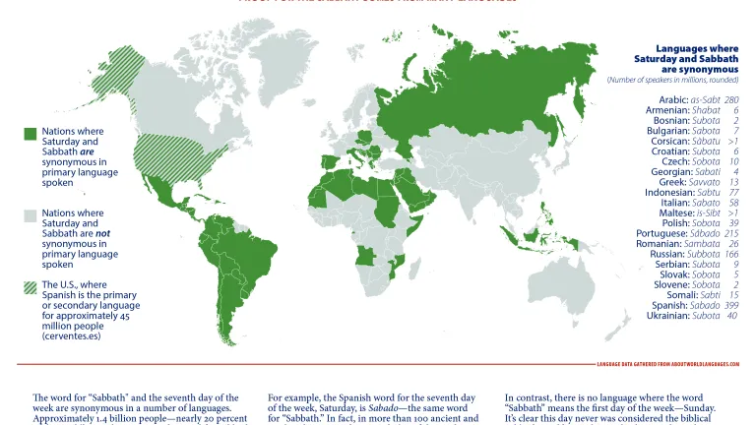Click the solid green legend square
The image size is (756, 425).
pyautogui.click(x=31, y=134)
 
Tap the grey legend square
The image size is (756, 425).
pyautogui.click(x=31, y=215)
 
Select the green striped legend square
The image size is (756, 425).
pyautogui.click(x=31, y=287)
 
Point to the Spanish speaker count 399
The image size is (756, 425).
pyautogui.click(x=731, y=305)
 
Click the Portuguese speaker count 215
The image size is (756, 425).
pyautogui.click(x=731, y=233)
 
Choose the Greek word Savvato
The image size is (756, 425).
pyautogui.click(x=706, y=182)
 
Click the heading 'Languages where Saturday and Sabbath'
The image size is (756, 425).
pyautogui.click(x=685, y=53)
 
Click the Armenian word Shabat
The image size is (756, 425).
pyautogui.click(x=708, y=110)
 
